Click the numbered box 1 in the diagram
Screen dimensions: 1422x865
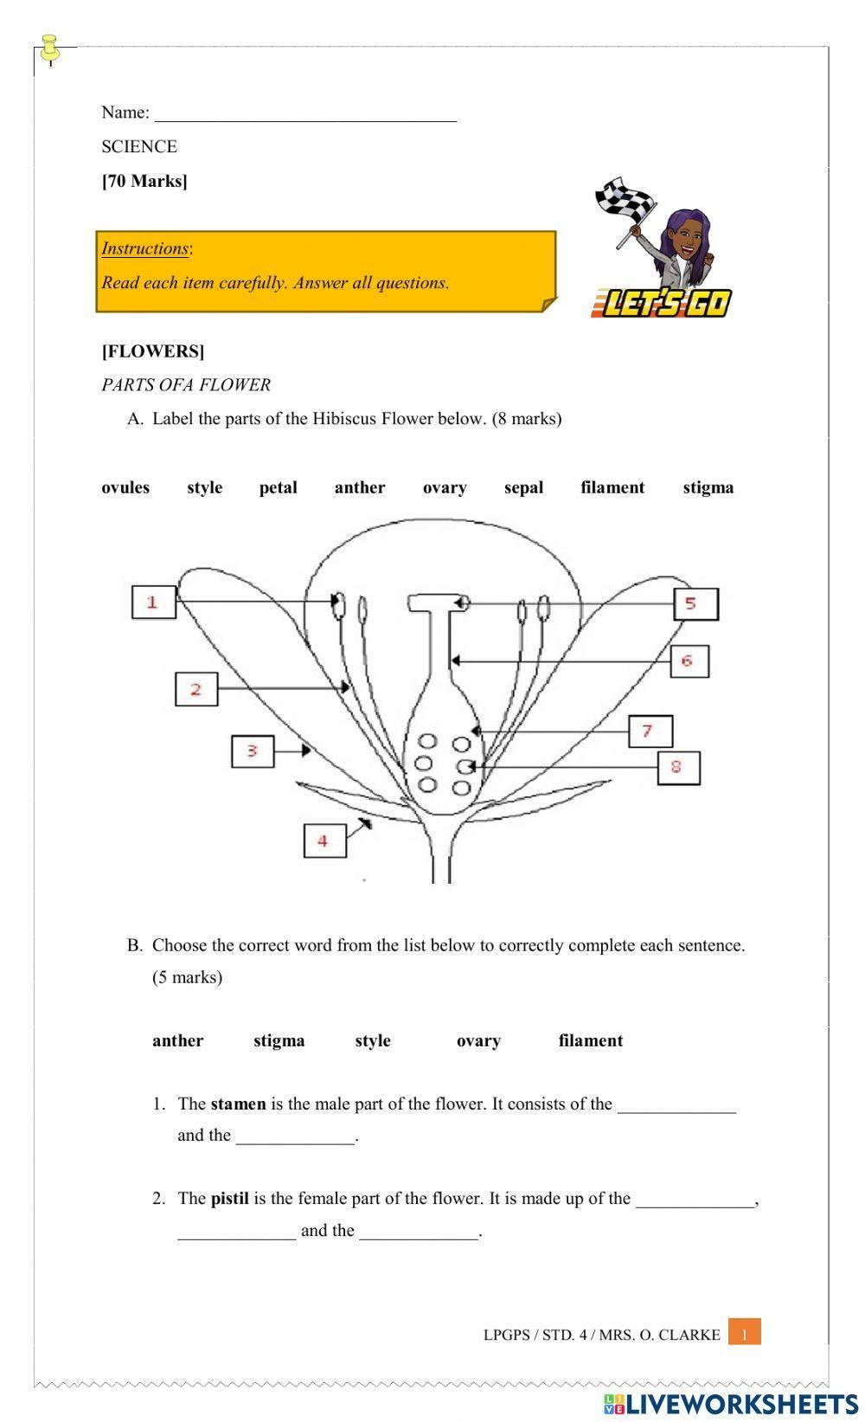153,602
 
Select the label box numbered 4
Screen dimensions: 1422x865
324,840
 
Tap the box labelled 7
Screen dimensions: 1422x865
650,731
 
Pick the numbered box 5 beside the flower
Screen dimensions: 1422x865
695,603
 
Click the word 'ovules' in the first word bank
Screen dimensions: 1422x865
125,487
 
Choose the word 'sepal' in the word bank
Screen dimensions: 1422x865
523,487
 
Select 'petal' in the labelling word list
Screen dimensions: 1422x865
278,487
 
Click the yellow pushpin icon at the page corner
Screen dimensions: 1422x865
49,48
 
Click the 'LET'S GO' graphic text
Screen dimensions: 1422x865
663,303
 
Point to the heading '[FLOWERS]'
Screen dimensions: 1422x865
153,351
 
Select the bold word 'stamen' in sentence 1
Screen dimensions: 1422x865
238,1103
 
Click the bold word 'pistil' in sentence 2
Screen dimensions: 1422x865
229,1199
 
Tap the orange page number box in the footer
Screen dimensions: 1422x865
744,1334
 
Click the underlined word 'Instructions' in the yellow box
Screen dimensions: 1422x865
144,248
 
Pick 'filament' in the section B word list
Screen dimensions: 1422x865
590,1040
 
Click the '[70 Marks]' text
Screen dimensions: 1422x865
144,181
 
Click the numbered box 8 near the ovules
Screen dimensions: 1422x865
678,767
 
